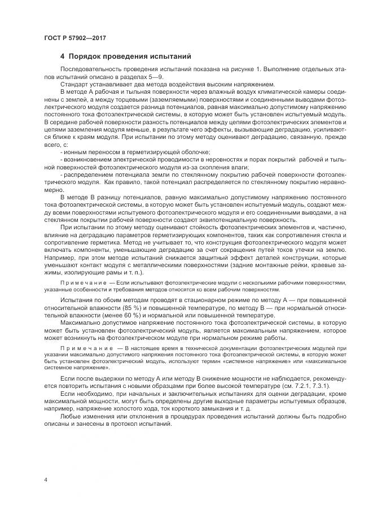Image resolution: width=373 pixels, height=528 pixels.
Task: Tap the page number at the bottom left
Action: (x=45, y=479)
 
